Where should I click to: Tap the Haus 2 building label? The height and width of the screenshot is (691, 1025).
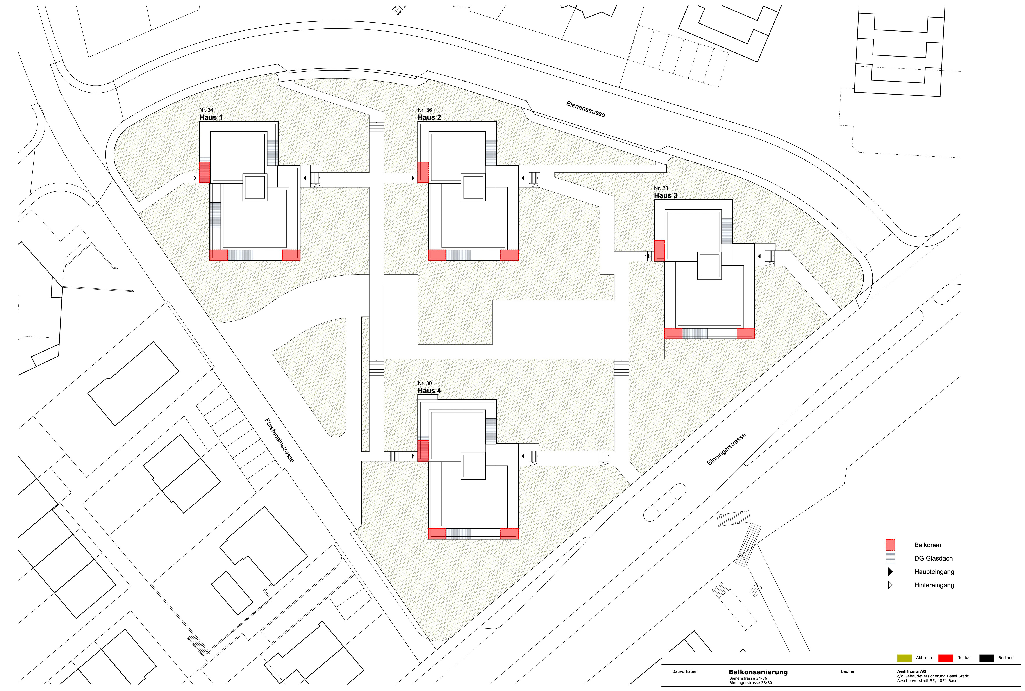point(429,117)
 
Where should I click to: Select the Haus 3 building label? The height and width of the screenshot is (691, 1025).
point(665,195)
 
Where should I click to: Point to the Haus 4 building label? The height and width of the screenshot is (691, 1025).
point(429,390)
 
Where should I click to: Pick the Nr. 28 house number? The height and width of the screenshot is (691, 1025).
point(661,188)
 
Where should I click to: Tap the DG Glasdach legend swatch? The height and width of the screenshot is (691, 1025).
point(890,558)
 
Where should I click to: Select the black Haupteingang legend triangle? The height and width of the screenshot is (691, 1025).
point(890,571)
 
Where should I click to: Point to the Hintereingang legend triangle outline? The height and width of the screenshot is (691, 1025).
point(890,585)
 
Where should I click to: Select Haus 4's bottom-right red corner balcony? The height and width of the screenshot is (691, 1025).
point(509,533)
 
